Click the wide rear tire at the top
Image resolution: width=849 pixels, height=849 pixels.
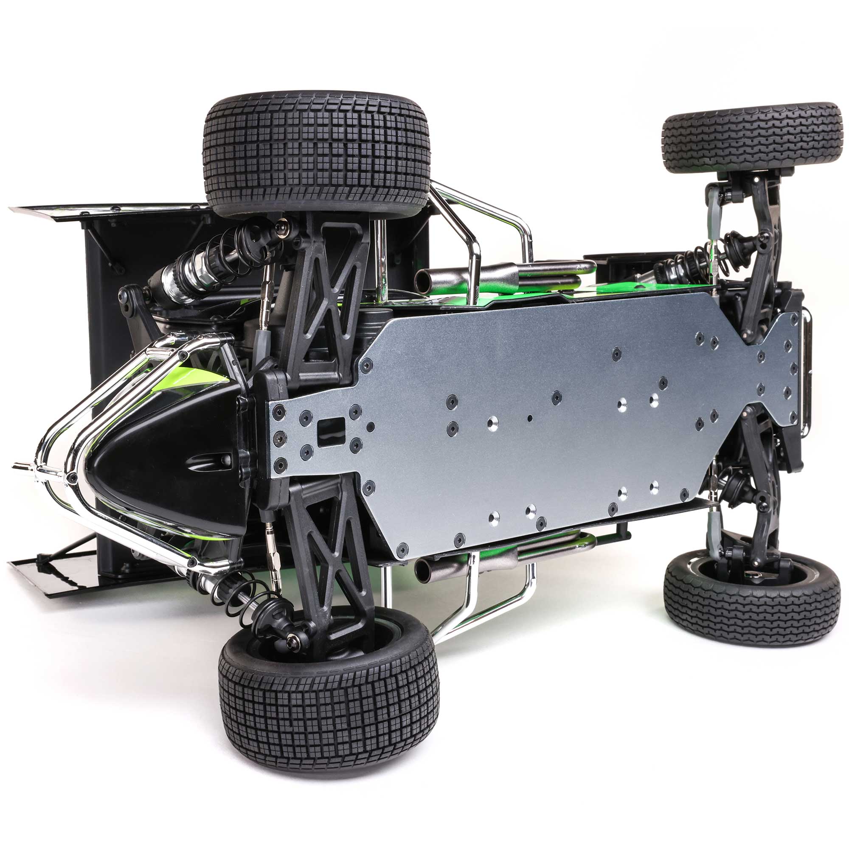pos(316,154)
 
